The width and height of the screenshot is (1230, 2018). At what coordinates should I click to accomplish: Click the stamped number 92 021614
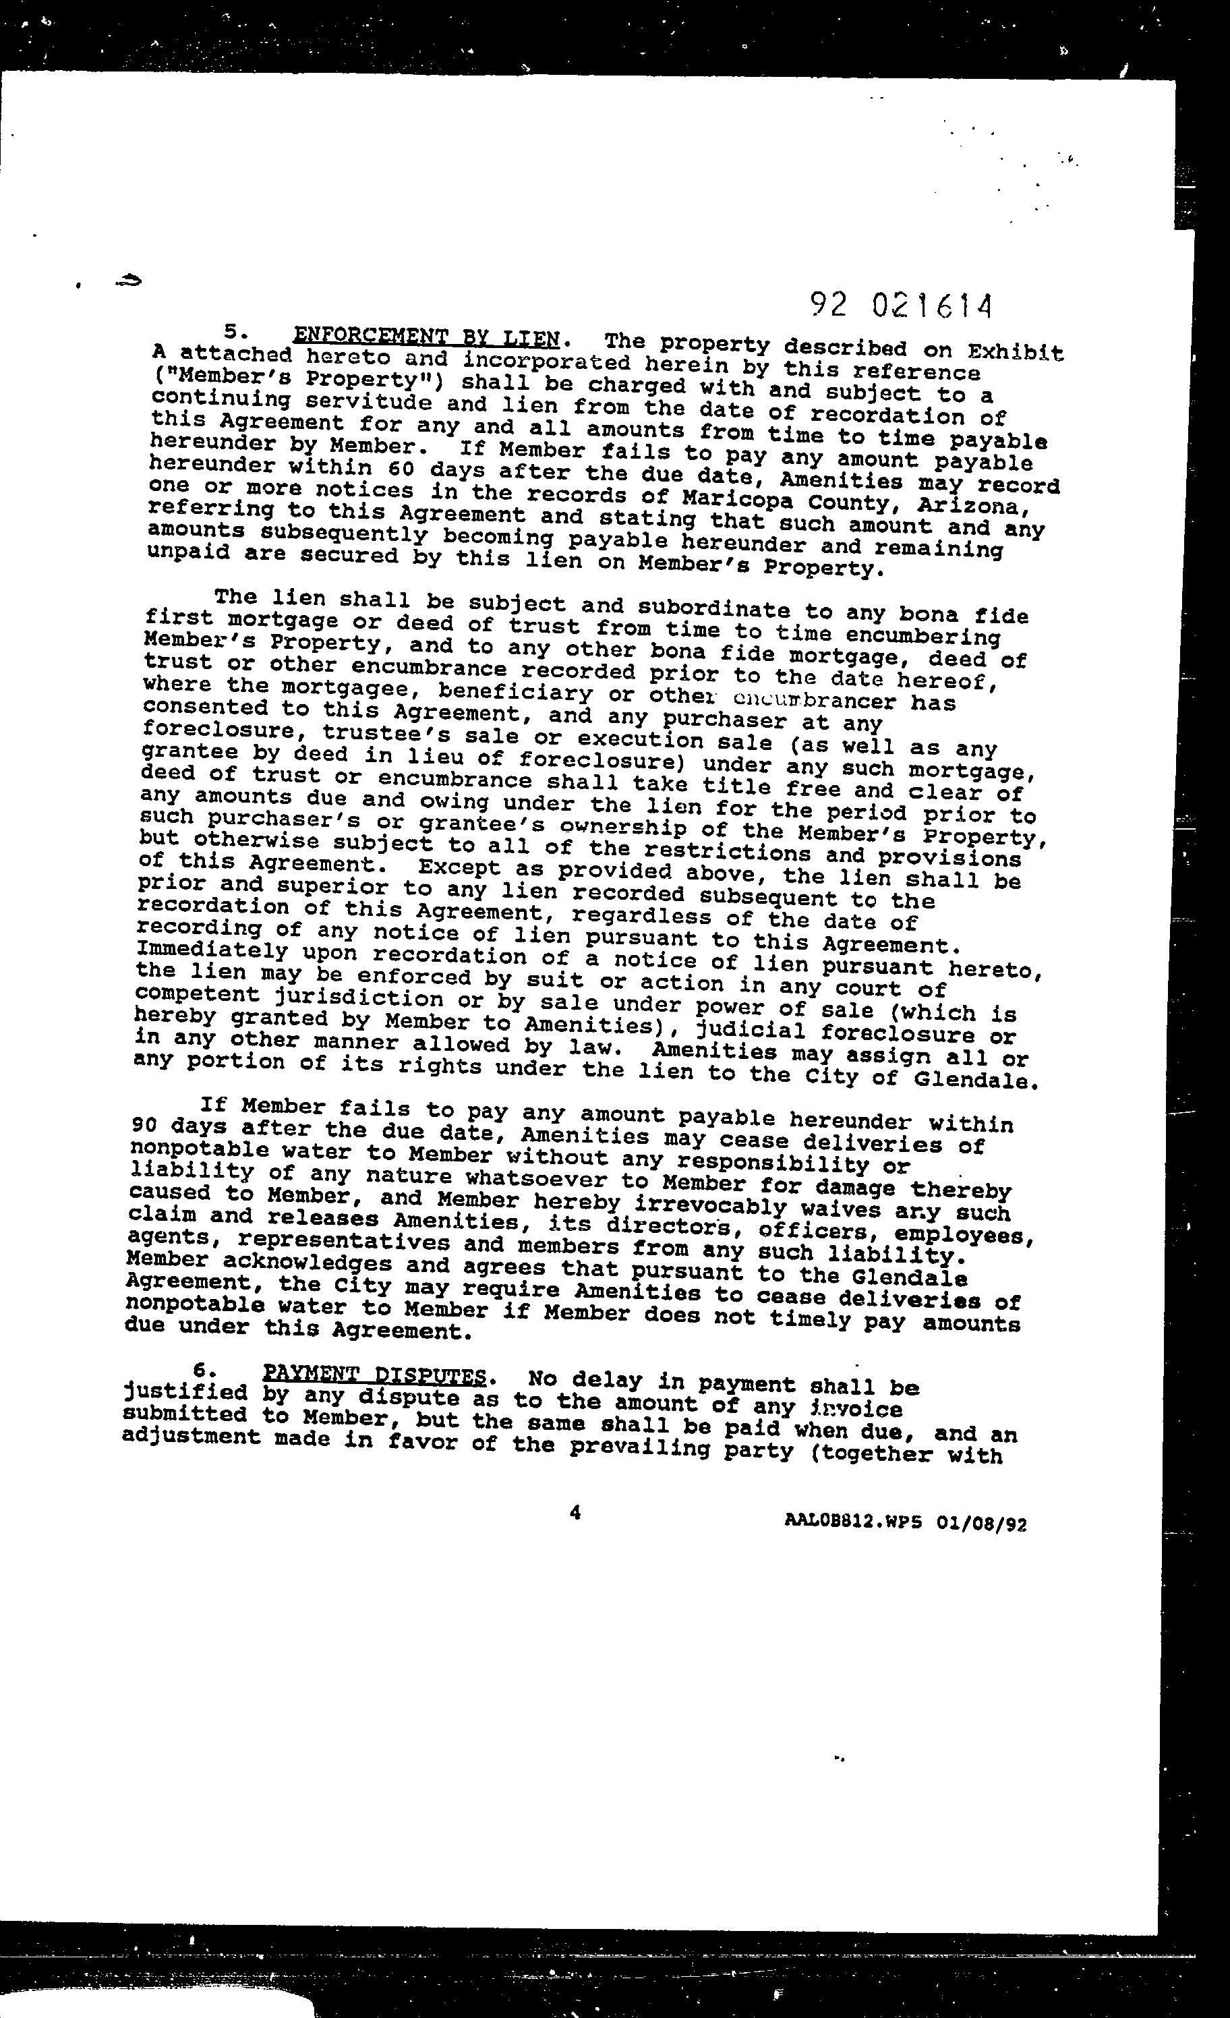[x=901, y=306]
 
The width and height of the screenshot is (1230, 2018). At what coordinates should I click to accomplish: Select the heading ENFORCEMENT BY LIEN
[x=427, y=337]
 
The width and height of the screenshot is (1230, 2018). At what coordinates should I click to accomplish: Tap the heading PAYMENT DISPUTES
[x=374, y=1375]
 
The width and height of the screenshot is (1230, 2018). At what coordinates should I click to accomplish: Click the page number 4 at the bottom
[x=575, y=1513]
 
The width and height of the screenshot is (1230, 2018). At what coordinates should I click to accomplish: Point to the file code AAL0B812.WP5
[x=852, y=1522]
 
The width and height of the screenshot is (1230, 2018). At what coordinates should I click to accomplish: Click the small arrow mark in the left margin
[x=129, y=281]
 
